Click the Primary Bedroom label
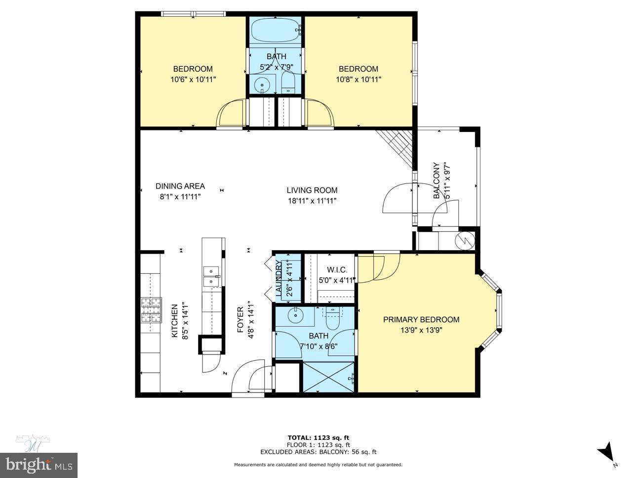point(421,319)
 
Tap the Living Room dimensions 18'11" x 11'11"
point(312,201)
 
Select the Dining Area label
point(180,186)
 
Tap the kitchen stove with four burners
point(151,310)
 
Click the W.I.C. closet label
point(337,270)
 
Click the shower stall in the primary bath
point(328,378)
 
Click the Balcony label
point(436,181)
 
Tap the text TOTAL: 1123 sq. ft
point(318,437)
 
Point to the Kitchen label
point(174,321)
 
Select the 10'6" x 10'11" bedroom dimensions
point(193,79)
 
